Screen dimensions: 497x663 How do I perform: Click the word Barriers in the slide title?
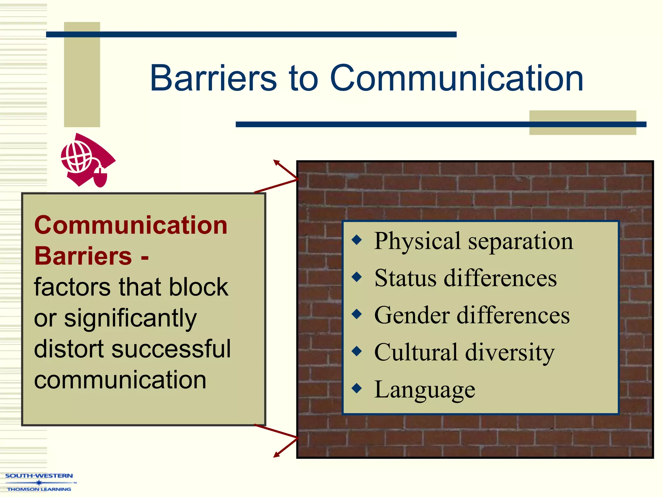click(x=213, y=78)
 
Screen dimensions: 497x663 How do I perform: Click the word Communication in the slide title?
click(x=456, y=78)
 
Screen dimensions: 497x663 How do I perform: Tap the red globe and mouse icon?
click(x=87, y=160)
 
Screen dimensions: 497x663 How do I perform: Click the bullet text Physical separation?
click(x=473, y=241)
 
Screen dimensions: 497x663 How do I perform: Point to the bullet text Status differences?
click(x=465, y=278)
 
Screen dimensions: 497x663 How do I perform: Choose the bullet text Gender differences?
click(x=472, y=315)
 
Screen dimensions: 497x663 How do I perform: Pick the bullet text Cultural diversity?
click(x=464, y=352)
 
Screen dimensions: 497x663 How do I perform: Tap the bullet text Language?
click(x=424, y=389)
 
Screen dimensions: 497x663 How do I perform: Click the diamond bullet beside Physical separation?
click(x=357, y=240)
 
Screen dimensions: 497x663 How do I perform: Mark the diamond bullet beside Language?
click(x=357, y=388)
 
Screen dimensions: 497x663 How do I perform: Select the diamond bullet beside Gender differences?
click(x=357, y=314)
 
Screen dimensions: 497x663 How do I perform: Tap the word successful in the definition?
click(x=171, y=349)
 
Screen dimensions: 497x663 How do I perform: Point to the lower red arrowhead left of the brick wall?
click(x=276, y=455)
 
